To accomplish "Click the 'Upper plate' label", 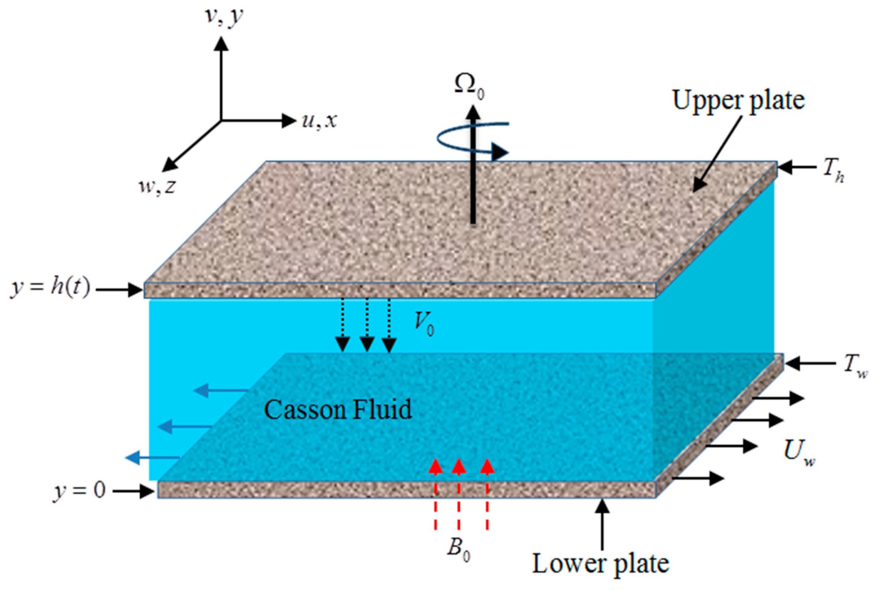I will [738, 101].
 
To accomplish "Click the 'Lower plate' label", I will [601, 564].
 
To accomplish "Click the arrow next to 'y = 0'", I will [134, 491].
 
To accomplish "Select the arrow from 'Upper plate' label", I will [717, 154].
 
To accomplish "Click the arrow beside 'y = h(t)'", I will [118, 290].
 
